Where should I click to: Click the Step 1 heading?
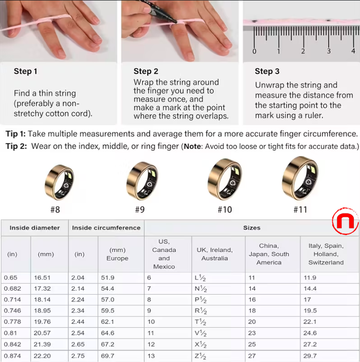point(25,71)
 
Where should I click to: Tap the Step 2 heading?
point(146,71)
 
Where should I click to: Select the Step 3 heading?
point(267,71)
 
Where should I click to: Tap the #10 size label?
point(224,210)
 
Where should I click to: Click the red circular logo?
point(344,222)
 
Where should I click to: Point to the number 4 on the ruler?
point(353,51)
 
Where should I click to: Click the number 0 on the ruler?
point(255,51)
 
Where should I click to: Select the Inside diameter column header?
point(34,227)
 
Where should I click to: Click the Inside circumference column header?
point(106,227)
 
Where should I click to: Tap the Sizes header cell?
point(251,227)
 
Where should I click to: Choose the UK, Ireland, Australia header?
point(214,254)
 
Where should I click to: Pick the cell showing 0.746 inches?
point(12,311)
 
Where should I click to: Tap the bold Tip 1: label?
point(15,134)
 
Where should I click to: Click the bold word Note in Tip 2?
point(193,147)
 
